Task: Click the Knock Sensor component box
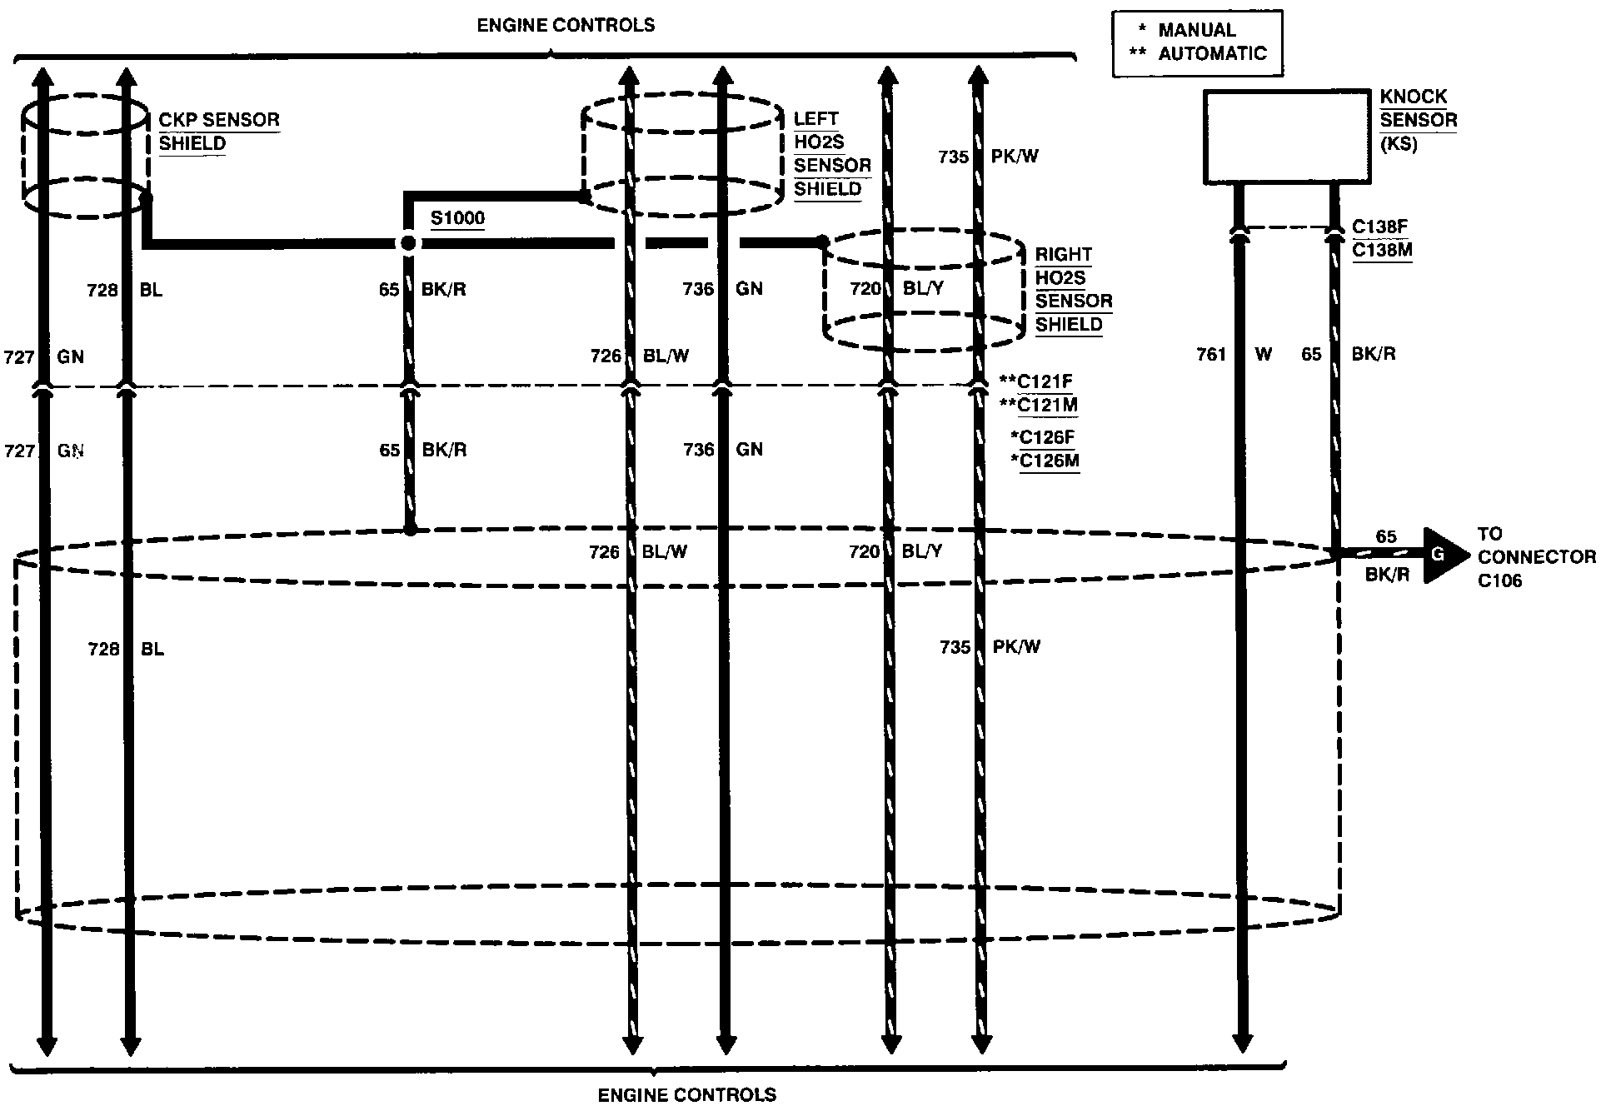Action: pos(1288,137)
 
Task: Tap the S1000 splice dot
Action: pos(408,243)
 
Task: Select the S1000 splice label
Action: pos(457,218)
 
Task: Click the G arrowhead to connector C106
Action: pos(1446,555)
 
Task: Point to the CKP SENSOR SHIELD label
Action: pos(219,132)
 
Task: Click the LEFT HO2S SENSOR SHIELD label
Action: pos(832,154)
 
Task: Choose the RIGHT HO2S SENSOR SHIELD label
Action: pos(1074,289)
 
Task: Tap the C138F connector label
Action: pos(1380,227)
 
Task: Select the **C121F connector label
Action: pos(1035,381)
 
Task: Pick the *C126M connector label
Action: pos(1045,461)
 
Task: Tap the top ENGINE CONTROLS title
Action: pos(566,25)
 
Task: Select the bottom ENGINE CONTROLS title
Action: pos(687,1094)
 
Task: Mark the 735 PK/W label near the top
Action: pos(988,157)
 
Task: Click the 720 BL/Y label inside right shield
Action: pos(896,289)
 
